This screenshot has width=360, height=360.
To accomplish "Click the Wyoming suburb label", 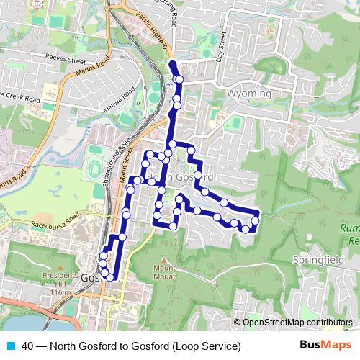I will coord(248,94).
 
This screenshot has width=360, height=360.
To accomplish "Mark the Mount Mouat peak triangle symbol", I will coord(164,260).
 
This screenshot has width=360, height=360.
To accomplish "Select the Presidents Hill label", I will coord(60,279).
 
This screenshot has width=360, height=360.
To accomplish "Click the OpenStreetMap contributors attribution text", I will coord(297,323).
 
